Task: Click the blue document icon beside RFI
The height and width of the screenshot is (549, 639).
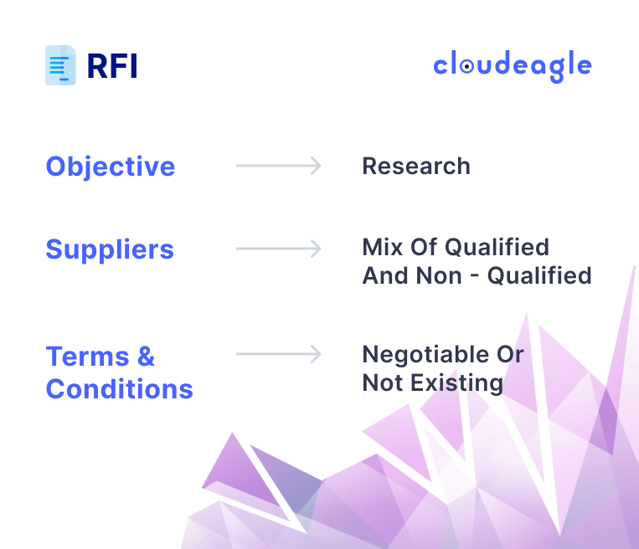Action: point(60,65)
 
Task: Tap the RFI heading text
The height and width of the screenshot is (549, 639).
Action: point(112,66)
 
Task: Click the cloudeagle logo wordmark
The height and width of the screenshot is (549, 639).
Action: point(512,66)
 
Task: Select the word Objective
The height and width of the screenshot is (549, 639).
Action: point(111,166)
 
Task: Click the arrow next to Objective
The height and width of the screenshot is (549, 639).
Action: point(278,166)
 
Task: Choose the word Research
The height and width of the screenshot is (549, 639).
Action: point(415,166)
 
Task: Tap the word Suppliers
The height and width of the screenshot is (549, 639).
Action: point(110,249)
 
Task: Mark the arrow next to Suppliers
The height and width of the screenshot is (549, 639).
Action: point(278,249)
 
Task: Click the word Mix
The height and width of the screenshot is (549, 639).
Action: point(383,247)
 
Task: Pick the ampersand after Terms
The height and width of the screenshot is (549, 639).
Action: point(145,357)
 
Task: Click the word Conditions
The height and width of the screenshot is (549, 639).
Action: point(119,388)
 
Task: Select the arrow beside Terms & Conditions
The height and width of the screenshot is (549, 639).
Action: point(278,354)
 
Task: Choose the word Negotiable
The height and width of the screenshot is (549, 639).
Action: point(425,354)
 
